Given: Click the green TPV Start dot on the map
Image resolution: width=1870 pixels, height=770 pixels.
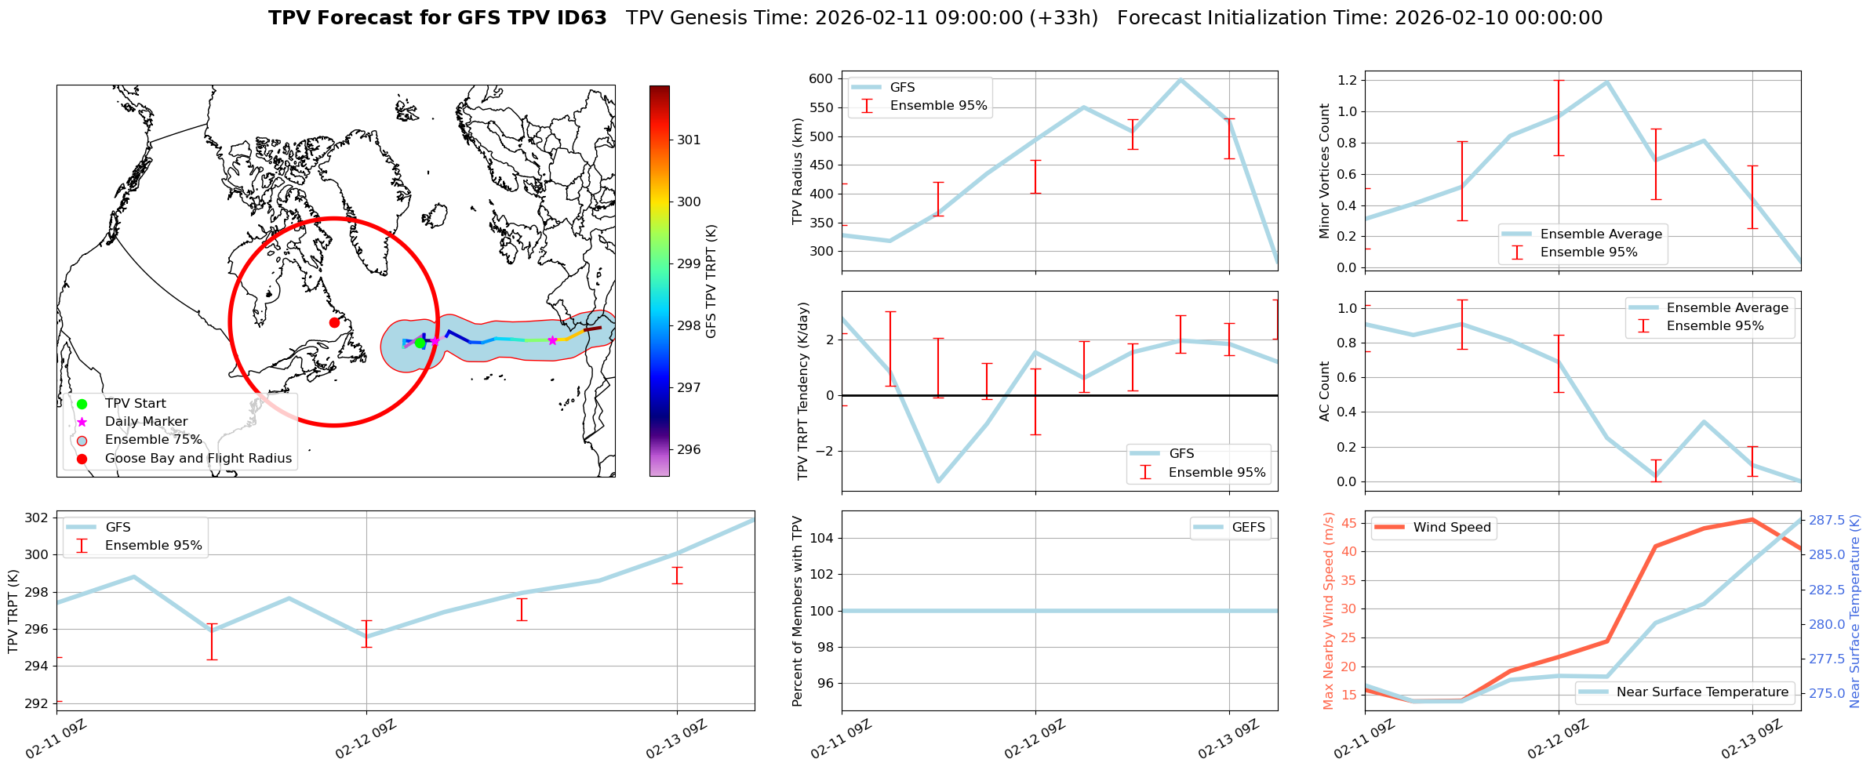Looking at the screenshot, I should click(420, 343).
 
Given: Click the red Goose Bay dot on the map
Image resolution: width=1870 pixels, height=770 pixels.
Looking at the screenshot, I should click(334, 322).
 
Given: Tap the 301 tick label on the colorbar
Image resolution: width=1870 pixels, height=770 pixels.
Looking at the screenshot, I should click(689, 140).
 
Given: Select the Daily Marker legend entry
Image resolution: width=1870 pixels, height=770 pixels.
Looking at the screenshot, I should click(146, 422).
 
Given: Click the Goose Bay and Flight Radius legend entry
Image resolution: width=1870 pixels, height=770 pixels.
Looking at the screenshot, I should click(198, 459).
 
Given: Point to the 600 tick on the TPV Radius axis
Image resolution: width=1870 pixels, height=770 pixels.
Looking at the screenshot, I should click(820, 78).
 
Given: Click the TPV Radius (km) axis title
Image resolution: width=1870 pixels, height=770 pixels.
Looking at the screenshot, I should click(798, 171).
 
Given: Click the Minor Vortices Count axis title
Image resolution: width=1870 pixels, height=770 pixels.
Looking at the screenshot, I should click(1325, 171).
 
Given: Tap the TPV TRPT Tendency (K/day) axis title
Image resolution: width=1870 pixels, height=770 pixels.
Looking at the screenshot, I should click(802, 391).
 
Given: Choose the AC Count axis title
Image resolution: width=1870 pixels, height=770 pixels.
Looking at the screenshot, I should click(1325, 391).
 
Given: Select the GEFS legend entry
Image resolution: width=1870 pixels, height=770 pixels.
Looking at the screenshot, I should click(1248, 528).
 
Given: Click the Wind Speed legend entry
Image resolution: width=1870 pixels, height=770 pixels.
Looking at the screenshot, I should click(1451, 528).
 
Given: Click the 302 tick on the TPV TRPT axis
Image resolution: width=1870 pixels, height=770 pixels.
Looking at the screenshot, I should click(36, 518).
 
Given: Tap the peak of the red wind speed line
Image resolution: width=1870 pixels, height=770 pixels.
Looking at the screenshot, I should click(1752, 519).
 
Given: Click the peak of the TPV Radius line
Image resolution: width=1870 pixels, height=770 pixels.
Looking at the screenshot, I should click(1181, 79).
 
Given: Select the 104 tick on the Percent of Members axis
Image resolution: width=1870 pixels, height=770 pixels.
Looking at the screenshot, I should click(820, 538).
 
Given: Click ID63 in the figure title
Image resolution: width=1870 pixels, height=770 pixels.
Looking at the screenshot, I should click(580, 18).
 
